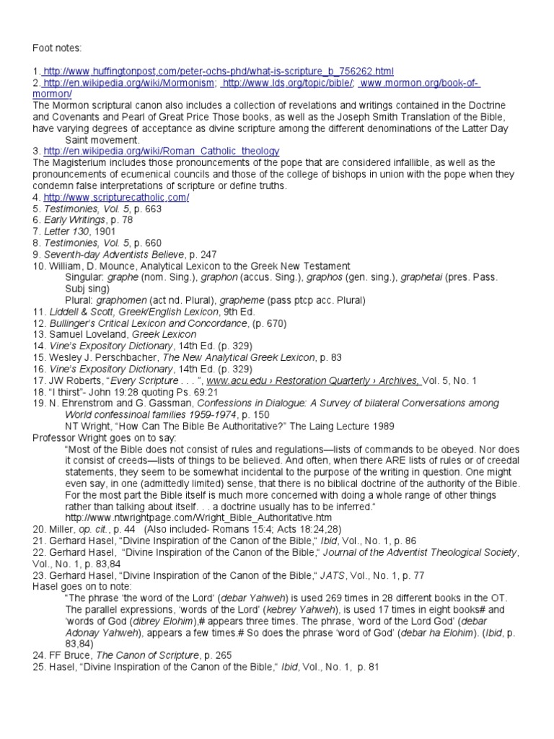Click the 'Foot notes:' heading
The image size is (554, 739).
point(57,48)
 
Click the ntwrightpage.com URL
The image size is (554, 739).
point(198,518)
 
